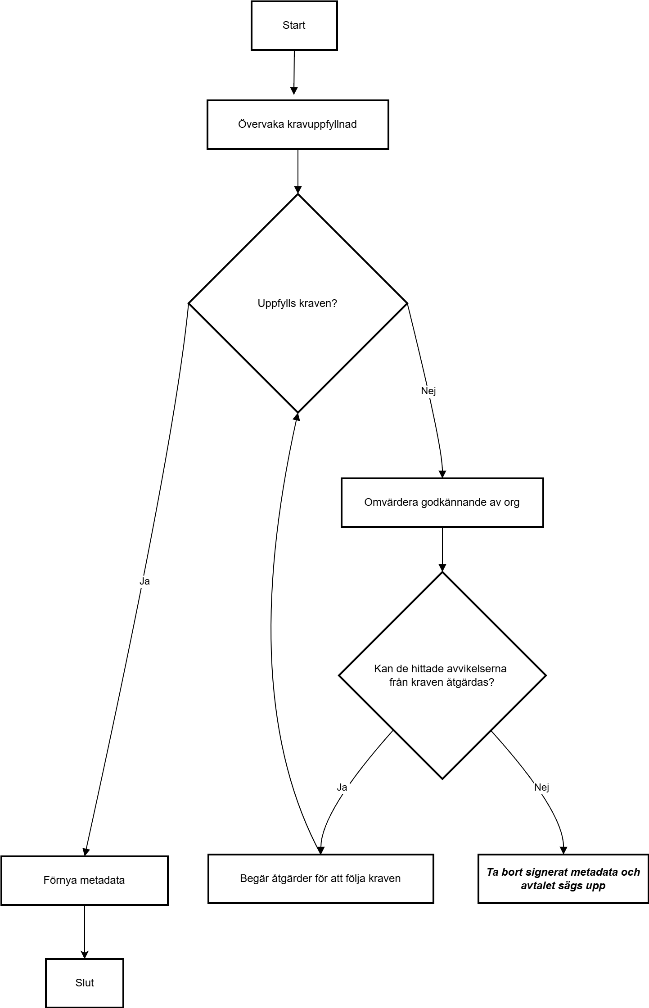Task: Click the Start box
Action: (294, 26)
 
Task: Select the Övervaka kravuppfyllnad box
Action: (297, 125)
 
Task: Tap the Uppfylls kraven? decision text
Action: (297, 303)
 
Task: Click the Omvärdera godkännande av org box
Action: (442, 503)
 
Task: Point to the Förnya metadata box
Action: (84, 881)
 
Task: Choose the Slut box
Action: (84, 983)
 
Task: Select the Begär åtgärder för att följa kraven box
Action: (320, 879)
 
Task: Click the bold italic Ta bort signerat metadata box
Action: (563, 879)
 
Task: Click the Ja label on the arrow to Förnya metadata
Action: (144, 581)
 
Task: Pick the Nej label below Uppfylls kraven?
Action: (428, 391)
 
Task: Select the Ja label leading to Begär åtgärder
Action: (342, 787)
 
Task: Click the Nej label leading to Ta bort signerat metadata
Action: (542, 787)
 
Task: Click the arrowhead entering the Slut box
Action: (84, 954)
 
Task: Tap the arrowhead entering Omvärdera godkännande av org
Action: (442, 474)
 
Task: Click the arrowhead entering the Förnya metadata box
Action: (86, 852)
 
